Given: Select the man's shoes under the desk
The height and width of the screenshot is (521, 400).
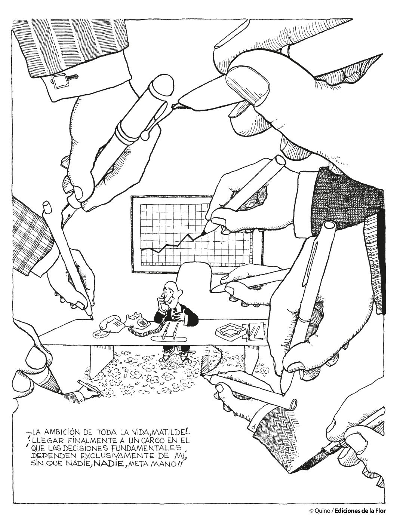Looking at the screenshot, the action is [176, 354].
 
